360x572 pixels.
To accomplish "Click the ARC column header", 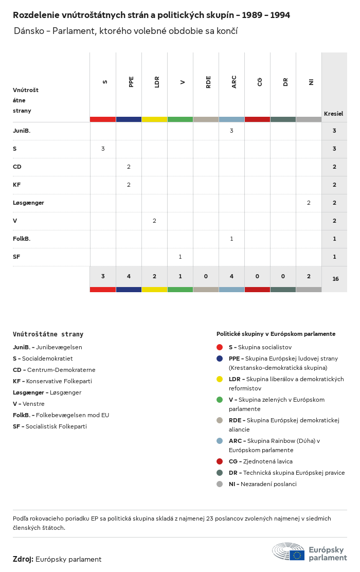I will point(234,82).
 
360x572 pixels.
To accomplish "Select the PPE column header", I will point(131,82).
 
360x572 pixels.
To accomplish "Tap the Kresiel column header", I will point(333,114).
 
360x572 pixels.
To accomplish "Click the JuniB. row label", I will point(22,131).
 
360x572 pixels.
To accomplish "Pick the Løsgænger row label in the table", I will point(28,203).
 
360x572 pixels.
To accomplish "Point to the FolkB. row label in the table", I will point(22,239).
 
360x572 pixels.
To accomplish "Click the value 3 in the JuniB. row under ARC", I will point(231,131).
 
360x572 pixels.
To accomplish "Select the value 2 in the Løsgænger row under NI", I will point(309,203).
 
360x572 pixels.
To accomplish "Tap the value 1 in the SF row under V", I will point(180,257).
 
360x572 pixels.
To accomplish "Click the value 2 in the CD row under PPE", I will point(129,167).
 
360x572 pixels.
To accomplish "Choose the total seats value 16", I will point(335,279).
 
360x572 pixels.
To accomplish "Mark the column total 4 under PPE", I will point(129,276).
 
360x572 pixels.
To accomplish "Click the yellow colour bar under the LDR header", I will point(154,119).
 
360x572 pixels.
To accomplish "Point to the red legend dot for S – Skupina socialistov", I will point(220,347).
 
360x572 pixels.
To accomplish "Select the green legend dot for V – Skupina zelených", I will point(220,400).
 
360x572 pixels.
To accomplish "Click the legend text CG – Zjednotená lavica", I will point(260,461).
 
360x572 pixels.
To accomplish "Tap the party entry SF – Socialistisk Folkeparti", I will point(50,426).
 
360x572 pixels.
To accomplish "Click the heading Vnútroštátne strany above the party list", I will point(48,334).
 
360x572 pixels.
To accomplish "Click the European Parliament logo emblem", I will point(289,551).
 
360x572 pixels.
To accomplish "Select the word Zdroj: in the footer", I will point(23,559).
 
